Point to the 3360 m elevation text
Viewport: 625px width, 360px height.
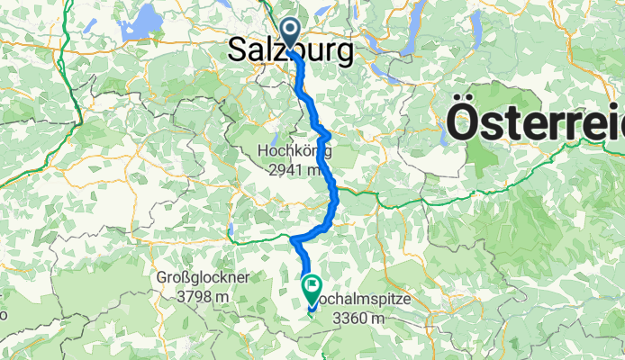click(x=358, y=319)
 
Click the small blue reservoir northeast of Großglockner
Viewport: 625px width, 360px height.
click(x=231, y=238)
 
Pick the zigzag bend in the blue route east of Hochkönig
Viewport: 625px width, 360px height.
click(x=322, y=132)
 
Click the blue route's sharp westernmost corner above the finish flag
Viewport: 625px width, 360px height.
click(x=293, y=239)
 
